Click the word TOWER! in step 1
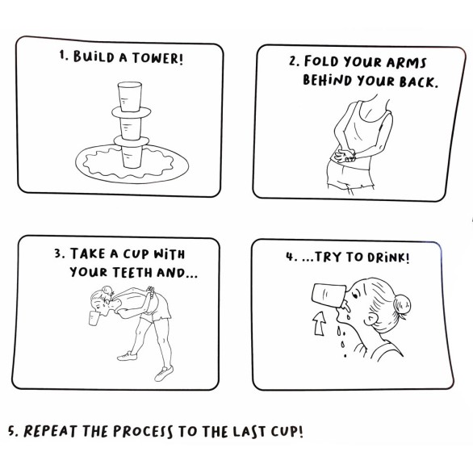click(x=157, y=58)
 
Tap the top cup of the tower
click(x=130, y=97)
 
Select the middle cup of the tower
click(x=131, y=129)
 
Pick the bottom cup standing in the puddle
click(x=132, y=157)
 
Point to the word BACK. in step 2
click(x=419, y=82)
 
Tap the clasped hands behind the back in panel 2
click(x=345, y=154)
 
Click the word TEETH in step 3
click(x=132, y=272)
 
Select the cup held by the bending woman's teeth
click(x=94, y=319)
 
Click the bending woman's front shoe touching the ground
click(x=164, y=374)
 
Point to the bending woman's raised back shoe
click(x=127, y=356)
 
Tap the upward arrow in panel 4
click(x=320, y=324)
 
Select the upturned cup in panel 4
click(x=329, y=295)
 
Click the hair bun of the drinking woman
click(x=402, y=304)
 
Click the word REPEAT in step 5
click(x=51, y=431)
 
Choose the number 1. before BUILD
click(x=64, y=56)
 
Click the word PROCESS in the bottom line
click(x=143, y=431)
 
